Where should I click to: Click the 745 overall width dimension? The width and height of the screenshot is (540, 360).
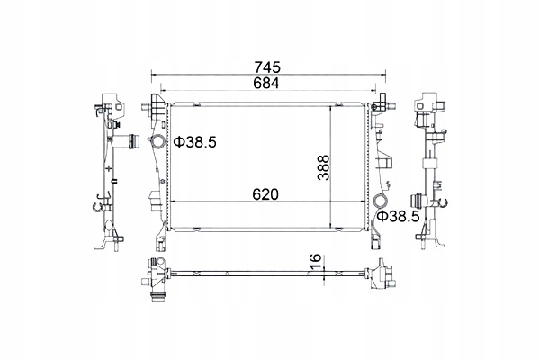click(x=267, y=67)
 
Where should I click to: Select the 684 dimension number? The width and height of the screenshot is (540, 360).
click(x=265, y=84)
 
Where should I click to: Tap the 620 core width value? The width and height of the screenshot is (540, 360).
click(x=265, y=194)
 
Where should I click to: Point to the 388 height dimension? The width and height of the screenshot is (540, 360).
click(x=324, y=168)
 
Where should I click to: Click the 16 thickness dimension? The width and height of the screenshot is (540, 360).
click(x=316, y=261)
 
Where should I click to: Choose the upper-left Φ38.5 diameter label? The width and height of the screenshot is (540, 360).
click(x=195, y=142)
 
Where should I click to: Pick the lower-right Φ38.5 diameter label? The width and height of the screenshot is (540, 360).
click(x=399, y=216)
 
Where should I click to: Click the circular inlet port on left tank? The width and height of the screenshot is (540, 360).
click(x=158, y=141)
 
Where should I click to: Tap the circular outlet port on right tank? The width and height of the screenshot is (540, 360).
click(x=382, y=202)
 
